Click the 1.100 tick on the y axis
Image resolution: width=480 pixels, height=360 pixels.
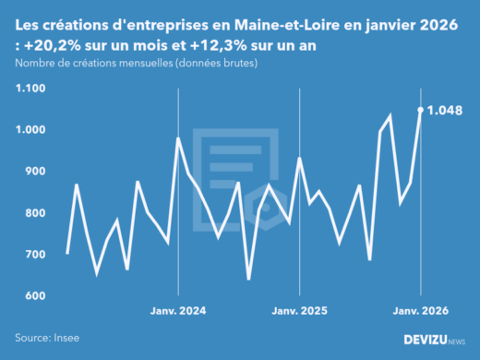pos(30,89)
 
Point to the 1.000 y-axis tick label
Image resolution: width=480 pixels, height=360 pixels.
pos(30,130)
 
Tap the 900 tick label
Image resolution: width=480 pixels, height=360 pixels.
pos(33,172)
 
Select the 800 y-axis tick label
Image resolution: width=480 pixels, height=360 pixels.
pos(33,213)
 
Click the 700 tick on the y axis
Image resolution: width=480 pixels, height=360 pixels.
pos(33,255)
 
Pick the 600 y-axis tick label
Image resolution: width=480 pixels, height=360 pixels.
pos(33,296)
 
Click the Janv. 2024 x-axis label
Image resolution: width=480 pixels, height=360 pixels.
pos(178,311)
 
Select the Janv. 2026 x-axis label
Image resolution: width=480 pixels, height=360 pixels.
pos(421,311)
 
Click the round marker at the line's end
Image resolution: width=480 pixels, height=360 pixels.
pos(421,110)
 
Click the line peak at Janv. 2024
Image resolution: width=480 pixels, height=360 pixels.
pos(178,138)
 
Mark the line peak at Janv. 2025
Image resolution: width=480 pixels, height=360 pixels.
pos(300,158)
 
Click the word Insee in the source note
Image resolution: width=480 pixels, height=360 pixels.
pos(66,340)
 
